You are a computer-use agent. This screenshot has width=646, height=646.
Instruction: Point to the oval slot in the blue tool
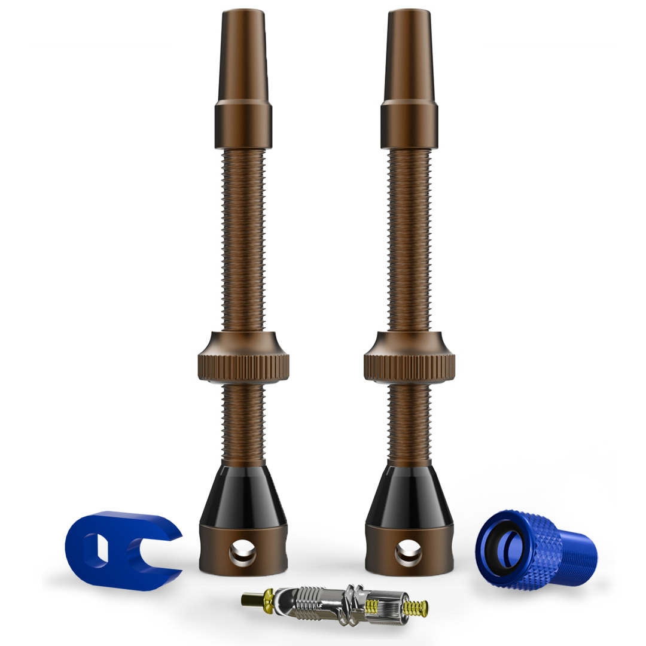point(96,549)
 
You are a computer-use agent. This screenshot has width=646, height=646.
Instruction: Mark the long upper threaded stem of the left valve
point(243,239)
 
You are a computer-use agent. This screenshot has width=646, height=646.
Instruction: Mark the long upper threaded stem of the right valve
point(409,239)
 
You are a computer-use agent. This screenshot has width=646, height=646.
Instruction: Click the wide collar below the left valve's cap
point(243,124)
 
